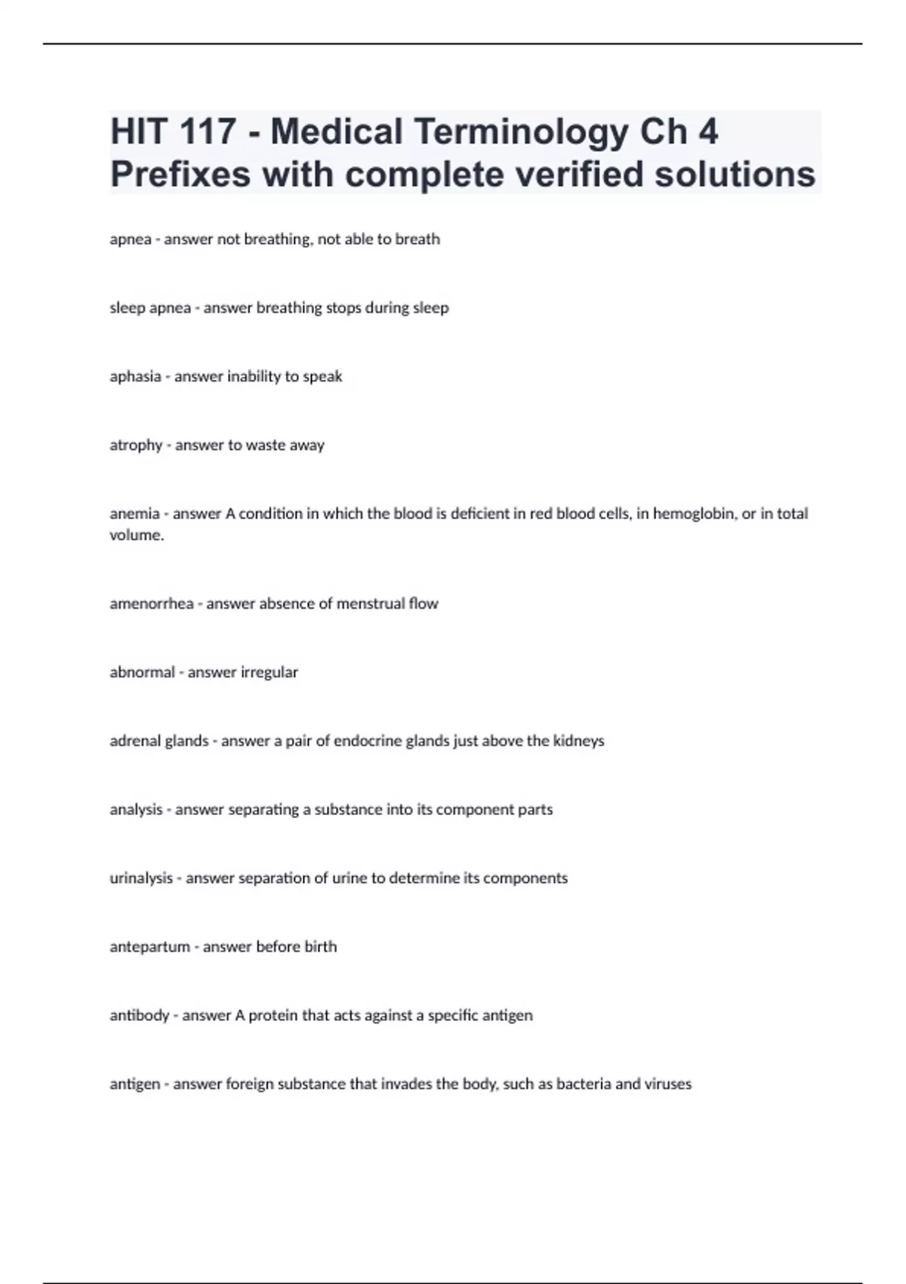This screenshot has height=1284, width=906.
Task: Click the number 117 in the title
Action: pos(208,132)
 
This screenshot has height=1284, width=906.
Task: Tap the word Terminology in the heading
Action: pos(521,132)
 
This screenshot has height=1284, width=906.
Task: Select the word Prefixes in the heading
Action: pos(180,174)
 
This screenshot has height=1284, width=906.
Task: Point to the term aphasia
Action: pos(135,376)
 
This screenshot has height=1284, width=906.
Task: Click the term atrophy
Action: pos(136,445)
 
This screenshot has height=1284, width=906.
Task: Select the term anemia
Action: pos(134,514)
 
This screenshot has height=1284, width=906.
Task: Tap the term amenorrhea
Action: pos(151,603)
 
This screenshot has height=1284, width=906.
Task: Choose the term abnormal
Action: pos(142,672)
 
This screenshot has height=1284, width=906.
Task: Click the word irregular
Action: pos(270,672)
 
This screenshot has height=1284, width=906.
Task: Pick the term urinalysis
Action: pos(141,878)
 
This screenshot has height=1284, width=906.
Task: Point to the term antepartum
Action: pos(149,946)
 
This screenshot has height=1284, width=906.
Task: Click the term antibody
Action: pos(139,1015)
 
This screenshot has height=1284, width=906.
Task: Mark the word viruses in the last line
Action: pos(668,1084)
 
